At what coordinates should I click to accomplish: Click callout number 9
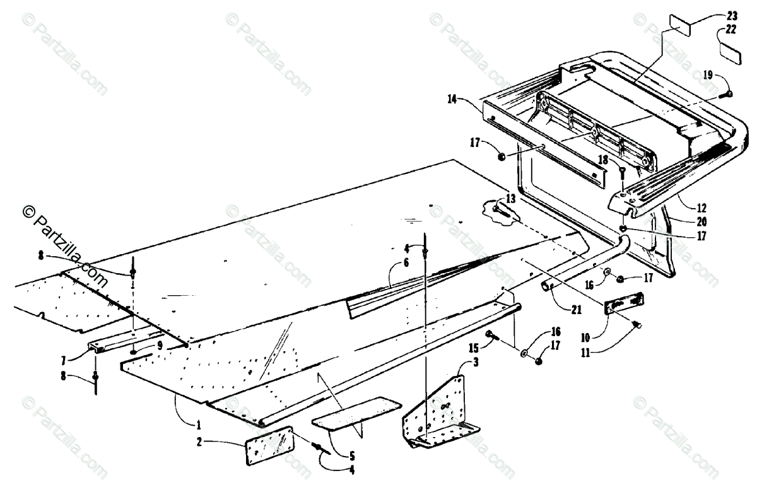(x=160, y=346)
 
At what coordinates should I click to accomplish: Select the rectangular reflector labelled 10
(x=625, y=305)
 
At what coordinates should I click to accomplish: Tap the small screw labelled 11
(x=637, y=324)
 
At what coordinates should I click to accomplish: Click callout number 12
(x=702, y=206)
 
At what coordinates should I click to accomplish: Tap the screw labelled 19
(x=727, y=95)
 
